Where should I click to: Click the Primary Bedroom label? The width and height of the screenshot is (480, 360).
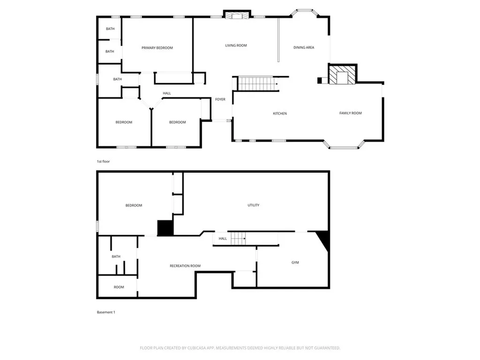[x=157, y=48]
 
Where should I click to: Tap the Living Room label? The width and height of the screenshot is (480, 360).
[x=236, y=45]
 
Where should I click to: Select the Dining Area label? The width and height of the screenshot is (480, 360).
[x=304, y=47]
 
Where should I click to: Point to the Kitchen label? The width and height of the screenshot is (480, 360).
[x=280, y=113]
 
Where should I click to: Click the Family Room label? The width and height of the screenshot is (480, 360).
[x=350, y=113]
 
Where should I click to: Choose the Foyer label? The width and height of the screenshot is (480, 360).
[x=220, y=99]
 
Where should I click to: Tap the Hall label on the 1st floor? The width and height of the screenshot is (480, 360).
[x=167, y=93]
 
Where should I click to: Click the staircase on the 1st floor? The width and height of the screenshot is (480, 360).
[x=256, y=84]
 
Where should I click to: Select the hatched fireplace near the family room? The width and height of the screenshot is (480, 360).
[x=342, y=75]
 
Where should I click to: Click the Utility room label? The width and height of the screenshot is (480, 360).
[x=254, y=205]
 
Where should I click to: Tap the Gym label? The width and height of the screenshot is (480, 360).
[x=295, y=262]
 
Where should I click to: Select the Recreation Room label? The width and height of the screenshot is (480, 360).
[x=185, y=266]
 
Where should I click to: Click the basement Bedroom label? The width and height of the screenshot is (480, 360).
[x=134, y=205]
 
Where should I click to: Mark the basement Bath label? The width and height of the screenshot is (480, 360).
[x=116, y=256]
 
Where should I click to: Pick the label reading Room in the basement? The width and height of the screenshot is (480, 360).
[x=119, y=287]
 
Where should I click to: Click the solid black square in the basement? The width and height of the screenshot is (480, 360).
[x=165, y=228]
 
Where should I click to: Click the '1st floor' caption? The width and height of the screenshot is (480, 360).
[x=103, y=161]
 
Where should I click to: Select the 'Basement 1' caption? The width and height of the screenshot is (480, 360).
[x=105, y=312]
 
